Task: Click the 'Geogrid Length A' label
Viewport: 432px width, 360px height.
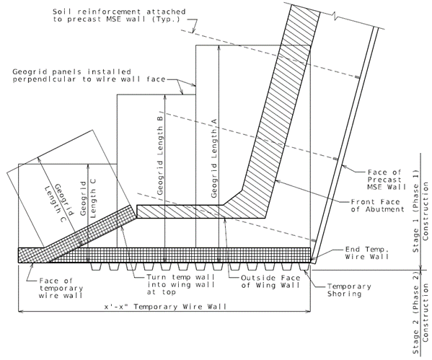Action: pyautogui.click(x=214, y=158)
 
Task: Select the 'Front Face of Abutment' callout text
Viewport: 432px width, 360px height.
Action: pyautogui.click(x=378, y=206)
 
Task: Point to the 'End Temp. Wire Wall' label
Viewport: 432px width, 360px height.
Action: pyautogui.click(x=367, y=253)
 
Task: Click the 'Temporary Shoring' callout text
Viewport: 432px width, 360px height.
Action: pyautogui.click(x=349, y=290)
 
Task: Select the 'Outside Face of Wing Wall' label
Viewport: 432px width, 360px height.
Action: pyautogui.click(x=270, y=281)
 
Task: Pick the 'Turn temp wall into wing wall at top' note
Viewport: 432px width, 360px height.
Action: pyautogui.click(x=181, y=284)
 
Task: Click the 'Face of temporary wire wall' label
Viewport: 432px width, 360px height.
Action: pyautogui.click(x=61, y=289)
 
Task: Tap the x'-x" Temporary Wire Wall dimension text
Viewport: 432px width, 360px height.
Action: pyautogui.click(x=165, y=307)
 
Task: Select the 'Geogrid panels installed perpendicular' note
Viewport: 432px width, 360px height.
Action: pyautogui.click(x=89, y=76)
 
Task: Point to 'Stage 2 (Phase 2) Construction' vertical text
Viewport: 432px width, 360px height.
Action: pyautogui.click(x=420, y=313)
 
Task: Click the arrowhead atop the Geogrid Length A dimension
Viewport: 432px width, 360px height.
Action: pyautogui.click(x=219, y=48)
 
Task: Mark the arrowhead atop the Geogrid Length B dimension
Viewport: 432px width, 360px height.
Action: pyautogui.click(x=164, y=97)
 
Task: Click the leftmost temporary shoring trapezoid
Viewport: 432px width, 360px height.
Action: pyautogui.click(x=96, y=267)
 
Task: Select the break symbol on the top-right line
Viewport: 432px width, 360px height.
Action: pyautogui.click(x=335, y=15)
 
